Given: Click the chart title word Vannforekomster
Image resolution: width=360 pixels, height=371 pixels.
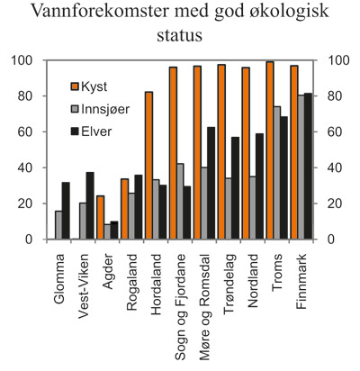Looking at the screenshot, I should click(x=102, y=14).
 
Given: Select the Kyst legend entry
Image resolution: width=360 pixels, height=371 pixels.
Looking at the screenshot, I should click(x=98, y=87).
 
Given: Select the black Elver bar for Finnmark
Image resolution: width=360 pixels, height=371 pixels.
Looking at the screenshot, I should click(x=309, y=166).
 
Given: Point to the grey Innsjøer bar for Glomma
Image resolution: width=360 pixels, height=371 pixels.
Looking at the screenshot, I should click(x=58, y=225).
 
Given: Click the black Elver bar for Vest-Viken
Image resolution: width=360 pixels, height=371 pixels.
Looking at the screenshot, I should click(x=90, y=205).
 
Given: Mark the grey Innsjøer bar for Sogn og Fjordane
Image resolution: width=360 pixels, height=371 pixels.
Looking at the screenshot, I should click(x=180, y=201).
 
